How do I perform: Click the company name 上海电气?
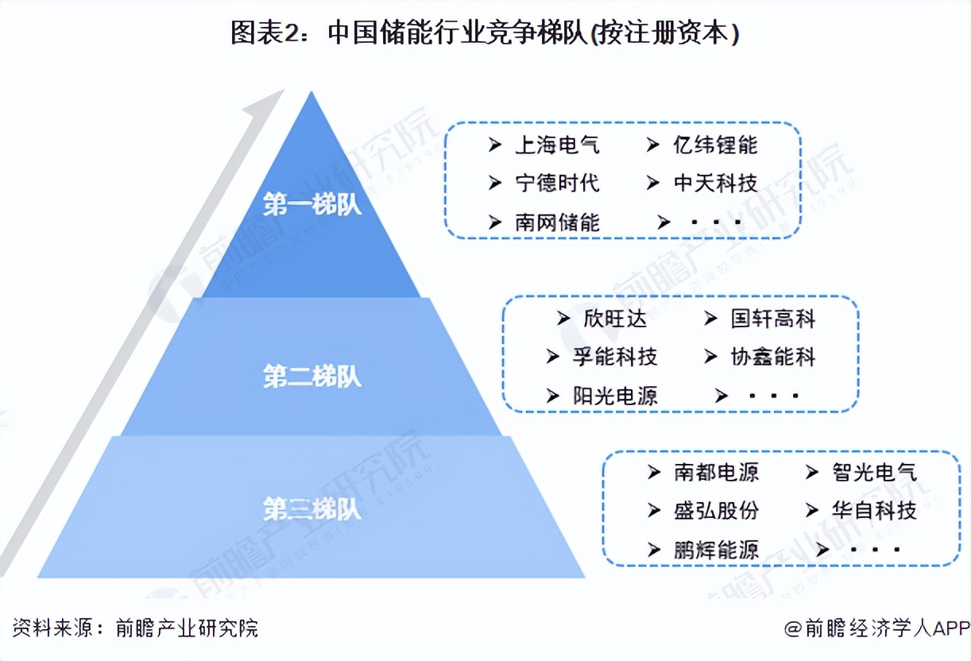click(x=557, y=145)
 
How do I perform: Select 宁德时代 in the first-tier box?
click(x=557, y=183)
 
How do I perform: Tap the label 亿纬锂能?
click(x=715, y=145)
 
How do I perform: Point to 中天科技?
click(x=715, y=183)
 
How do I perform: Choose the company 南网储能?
click(x=557, y=222)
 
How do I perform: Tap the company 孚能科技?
click(x=615, y=357)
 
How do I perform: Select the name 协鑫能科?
click(x=773, y=357)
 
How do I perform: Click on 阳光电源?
click(x=615, y=395)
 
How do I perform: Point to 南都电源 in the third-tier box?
click(x=716, y=472)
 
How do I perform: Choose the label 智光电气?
click(x=874, y=472)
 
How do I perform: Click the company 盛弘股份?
click(x=716, y=510)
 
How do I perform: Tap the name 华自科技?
click(x=874, y=510)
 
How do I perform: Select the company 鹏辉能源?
click(x=716, y=548)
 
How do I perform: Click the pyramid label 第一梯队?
click(x=312, y=205)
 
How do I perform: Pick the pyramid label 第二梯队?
click(x=312, y=377)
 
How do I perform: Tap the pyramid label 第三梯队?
click(x=312, y=508)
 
